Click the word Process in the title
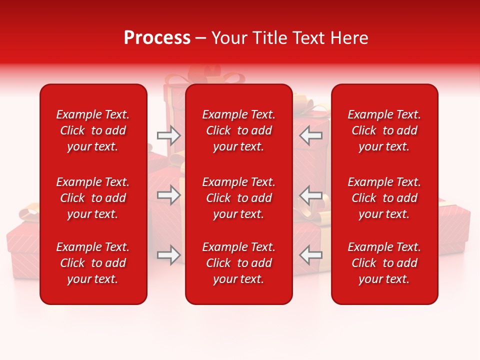tap(157, 38)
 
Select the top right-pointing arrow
tap(168, 135)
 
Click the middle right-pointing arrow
tap(168, 195)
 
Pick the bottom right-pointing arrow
tap(168, 255)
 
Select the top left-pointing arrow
tap(310, 135)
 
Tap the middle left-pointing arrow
tap(310, 195)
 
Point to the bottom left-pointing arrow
tap(310, 255)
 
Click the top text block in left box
tap(93, 130)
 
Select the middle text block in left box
tap(93, 198)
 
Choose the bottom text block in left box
tap(93, 263)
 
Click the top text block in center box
tap(238, 130)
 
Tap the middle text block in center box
tap(238, 198)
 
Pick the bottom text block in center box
tap(238, 263)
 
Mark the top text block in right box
tap(384, 130)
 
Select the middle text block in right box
tap(384, 198)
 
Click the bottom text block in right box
tap(384, 263)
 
